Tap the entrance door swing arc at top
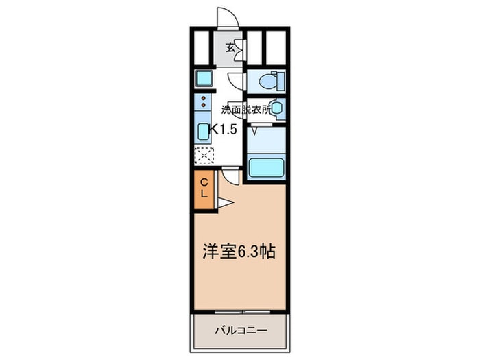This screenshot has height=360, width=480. (226, 16)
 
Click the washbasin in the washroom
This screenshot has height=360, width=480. (276, 108)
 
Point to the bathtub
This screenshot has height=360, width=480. (265, 167)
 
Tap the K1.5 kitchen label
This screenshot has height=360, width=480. (224, 129)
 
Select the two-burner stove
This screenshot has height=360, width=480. (204, 104)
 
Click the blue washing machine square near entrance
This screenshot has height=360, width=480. (204, 77)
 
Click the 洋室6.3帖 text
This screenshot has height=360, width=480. (238, 252)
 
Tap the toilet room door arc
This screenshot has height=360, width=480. (235, 81)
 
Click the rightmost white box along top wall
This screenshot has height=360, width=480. (276, 46)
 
